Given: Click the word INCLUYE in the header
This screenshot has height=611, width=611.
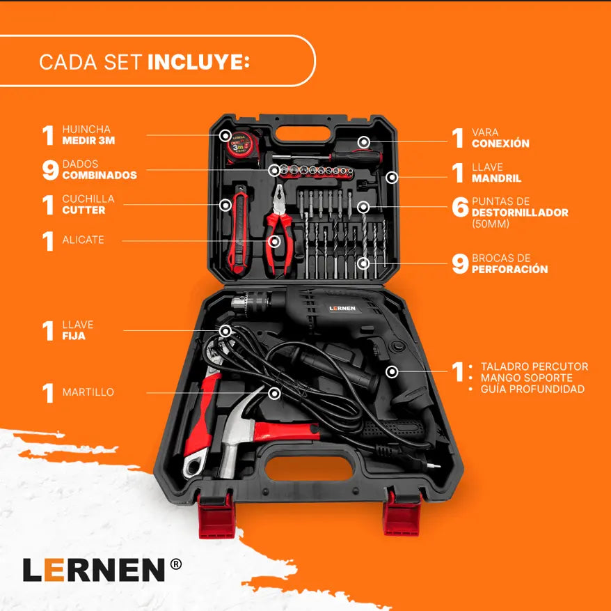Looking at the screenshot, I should (198, 61).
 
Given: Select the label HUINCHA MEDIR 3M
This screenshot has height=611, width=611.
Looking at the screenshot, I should (87, 135).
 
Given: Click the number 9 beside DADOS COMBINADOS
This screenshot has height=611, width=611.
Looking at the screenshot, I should (49, 170).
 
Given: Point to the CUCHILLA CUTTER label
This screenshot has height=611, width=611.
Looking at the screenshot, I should (88, 204).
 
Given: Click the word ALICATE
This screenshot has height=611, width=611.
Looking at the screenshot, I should (83, 240).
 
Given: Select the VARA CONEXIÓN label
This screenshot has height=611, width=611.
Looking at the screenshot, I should (500, 138).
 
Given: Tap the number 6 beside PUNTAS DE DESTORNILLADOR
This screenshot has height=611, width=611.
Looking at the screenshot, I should (459, 207).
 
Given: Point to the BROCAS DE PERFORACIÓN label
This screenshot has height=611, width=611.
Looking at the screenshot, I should (509, 263).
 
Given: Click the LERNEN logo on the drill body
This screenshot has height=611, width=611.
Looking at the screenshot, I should (342, 308).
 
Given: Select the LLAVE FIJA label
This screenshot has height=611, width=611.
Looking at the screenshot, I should (77, 330).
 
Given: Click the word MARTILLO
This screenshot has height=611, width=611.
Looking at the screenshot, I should (88, 392).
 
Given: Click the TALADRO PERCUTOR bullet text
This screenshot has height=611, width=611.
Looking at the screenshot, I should (534, 366).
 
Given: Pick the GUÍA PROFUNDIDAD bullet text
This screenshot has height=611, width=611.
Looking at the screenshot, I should (532, 389).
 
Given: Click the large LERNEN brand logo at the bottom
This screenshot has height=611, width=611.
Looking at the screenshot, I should (94, 569).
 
